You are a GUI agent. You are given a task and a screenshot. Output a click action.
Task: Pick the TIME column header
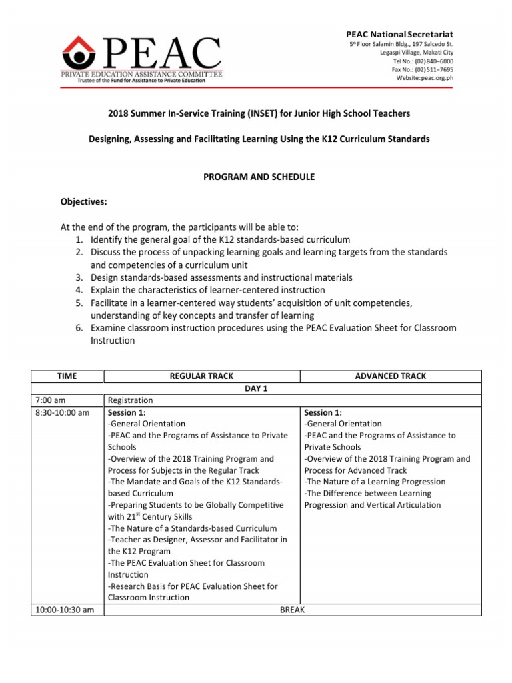click(x=67, y=376)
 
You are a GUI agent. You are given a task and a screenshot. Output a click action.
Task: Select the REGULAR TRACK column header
click(x=202, y=376)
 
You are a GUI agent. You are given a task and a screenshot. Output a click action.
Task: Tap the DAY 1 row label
click(x=256, y=388)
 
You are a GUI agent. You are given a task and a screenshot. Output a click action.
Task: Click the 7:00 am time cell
click(x=50, y=400)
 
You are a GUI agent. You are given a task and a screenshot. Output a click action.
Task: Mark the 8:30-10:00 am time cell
click(x=61, y=412)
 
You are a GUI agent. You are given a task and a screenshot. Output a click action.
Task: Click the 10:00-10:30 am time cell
click(x=64, y=610)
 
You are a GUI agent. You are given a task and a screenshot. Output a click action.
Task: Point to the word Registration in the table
click(x=130, y=400)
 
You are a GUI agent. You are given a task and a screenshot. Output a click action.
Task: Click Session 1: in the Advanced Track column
click(x=323, y=412)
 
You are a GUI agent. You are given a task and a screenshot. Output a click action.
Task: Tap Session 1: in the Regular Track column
click(x=126, y=412)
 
